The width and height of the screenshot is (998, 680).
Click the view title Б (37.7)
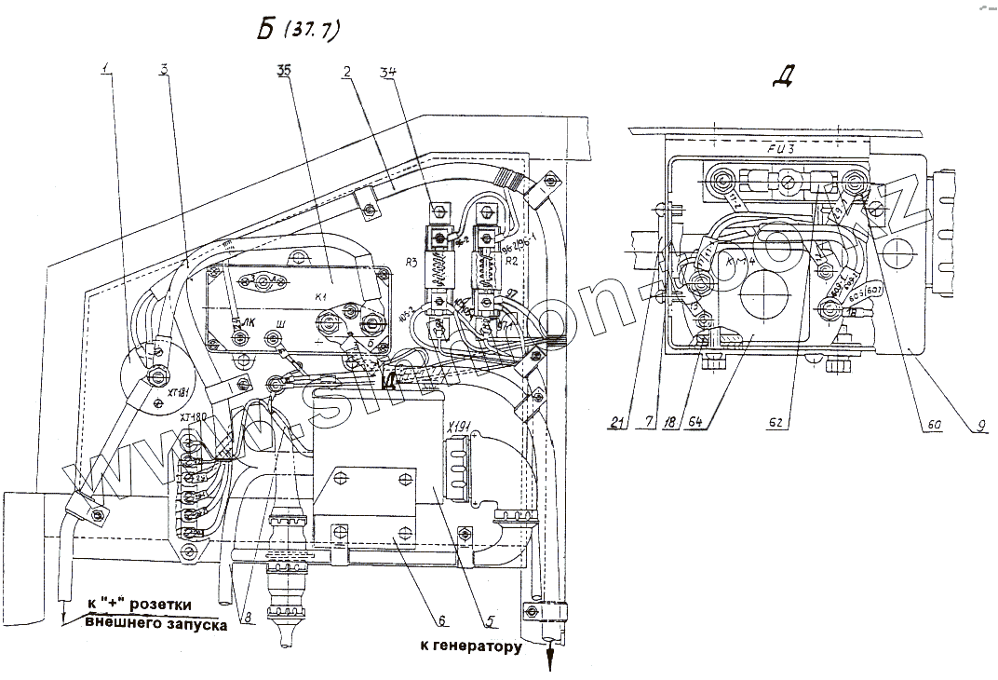(x=298, y=30)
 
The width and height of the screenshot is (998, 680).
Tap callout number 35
(x=284, y=71)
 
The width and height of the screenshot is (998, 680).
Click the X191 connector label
(x=459, y=428)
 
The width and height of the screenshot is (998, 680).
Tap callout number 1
(x=107, y=71)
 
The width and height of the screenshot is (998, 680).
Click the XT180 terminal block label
(x=193, y=414)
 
